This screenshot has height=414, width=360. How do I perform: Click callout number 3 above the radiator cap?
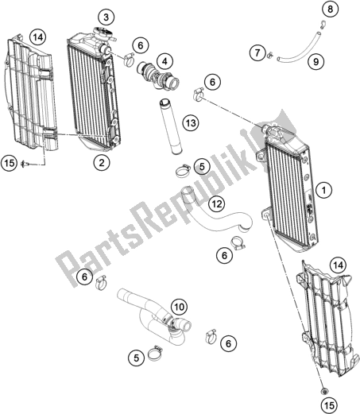click(106, 17)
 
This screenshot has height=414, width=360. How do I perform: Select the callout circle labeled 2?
click(102, 162)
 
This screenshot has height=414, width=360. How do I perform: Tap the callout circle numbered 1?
click(324, 190)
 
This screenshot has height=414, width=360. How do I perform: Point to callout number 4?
click(165, 62)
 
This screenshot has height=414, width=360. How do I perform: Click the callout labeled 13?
click(191, 123)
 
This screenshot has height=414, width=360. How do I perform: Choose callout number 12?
click(217, 204)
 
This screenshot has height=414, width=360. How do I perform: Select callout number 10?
click(179, 307)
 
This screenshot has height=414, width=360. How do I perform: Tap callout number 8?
click(330, 10)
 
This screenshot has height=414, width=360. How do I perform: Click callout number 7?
click(257, 52)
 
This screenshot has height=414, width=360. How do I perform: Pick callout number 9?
click(315, 62)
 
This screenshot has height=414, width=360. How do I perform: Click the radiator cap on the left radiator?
click(103, 33)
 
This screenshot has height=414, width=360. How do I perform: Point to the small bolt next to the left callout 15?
click(25, 164)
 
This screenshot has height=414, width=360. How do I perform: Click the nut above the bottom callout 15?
click(323, 390)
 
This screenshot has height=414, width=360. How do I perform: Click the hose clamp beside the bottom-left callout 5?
click(155, 353)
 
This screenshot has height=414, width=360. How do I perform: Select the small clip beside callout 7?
click(270, 55)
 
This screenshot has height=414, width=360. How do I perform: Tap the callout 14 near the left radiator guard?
click(38, 37)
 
